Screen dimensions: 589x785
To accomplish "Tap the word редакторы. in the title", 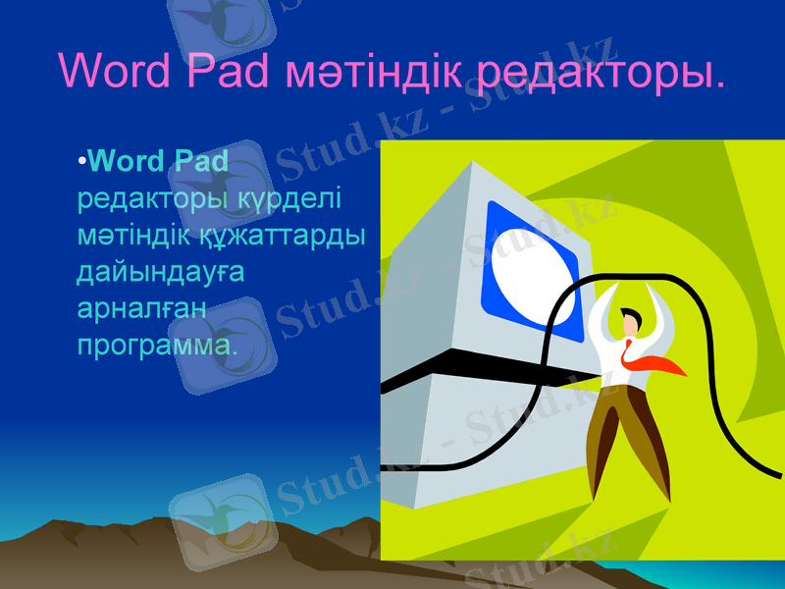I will (597, 72).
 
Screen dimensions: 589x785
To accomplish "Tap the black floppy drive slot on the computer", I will (461, 376).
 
